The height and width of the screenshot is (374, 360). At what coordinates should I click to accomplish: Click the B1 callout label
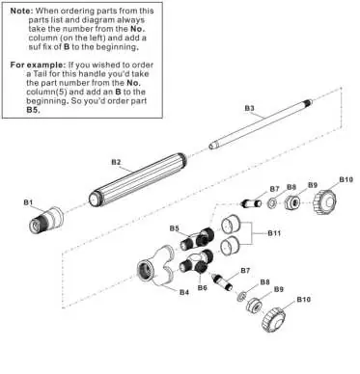point(28,202)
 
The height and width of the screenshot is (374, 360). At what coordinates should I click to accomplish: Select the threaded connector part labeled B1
point(46,220)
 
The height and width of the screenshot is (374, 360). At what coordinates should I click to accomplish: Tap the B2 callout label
point(116,162)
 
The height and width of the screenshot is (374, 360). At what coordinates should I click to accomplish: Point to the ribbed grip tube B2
point(138,180)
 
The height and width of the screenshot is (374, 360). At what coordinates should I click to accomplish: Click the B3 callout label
point(249,108)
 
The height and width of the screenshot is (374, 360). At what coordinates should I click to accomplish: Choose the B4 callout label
point(184,292)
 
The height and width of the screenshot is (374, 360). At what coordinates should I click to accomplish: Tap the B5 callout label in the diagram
point(175,228)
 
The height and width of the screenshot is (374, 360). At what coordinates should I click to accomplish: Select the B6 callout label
point(203,287)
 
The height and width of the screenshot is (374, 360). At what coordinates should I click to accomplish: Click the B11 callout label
point(274,233)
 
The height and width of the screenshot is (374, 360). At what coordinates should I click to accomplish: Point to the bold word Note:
point(21,11)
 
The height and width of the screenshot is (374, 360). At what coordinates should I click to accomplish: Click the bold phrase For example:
point(38,65)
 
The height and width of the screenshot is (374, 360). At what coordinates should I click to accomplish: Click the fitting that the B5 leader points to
point(197,239)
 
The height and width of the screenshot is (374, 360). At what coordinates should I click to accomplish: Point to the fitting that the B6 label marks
point(197,262)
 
